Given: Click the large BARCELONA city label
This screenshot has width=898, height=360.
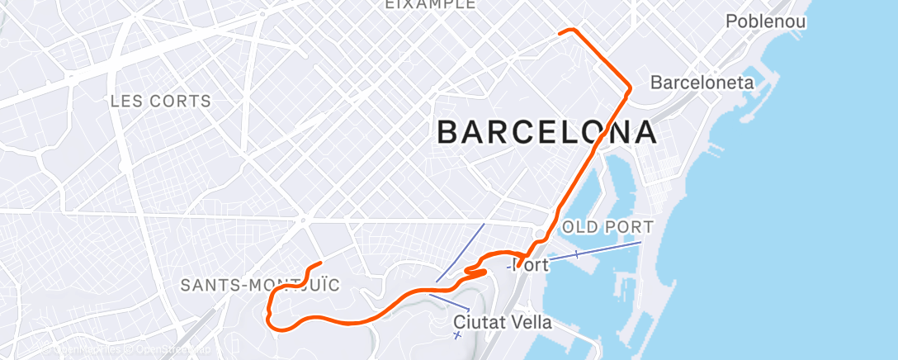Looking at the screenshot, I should [x=546, y=132].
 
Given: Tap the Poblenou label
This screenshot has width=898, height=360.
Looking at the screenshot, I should [x=765, y=21].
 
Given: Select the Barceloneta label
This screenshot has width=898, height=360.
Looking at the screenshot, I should [x=702, y=83].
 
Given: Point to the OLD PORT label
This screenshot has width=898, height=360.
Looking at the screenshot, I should [x=607, y=226].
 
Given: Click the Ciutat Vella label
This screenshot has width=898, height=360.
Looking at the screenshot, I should [x=503, y=321].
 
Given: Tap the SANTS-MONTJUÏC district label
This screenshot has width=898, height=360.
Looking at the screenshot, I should [x=260, y=286].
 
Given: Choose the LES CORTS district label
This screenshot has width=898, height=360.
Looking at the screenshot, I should [x=160, y=102].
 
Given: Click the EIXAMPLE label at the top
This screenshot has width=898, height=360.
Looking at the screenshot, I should [x=431, y=4].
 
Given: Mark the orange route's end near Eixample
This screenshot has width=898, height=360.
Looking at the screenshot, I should [x=561, y=32].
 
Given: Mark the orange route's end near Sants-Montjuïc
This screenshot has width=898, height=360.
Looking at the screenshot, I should [x=319, y=263].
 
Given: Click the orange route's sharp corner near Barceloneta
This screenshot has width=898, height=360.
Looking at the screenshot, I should [x=630, y=87].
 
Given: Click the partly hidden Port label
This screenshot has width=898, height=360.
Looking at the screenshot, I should [x=530, y=266].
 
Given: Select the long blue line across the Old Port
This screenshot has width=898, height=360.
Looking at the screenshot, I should [x=594, y=251].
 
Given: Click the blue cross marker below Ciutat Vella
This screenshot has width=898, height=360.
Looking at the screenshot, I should [x=457, y=334].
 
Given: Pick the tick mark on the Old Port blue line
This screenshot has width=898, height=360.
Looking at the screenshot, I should [x=576, y=254].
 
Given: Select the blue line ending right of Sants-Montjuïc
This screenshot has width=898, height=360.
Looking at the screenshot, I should [x=451, y=301].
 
